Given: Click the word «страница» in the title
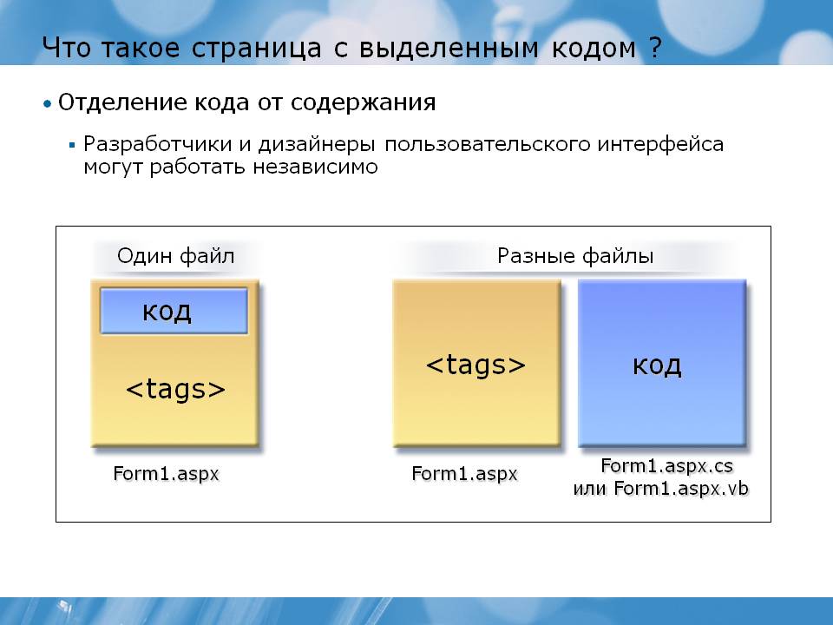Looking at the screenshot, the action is pyautogui.click(x=256, y=49).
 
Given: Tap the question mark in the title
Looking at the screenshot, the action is pyautogui.click(x=655, y=47).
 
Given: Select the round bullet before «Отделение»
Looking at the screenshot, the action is pyautogui.click(x=48, y=103).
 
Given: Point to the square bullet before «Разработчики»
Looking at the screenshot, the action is pyautogui.click(x=72, y=145).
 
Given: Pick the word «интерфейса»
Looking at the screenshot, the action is pyautogui.click(x=660, y=144).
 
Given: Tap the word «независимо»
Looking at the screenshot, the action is pyautogui.click(x=315, y=167).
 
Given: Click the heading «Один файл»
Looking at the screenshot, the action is pyautogui.click(x=175, y=256).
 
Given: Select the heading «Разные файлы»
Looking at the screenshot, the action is pyautogui.click(x=574, y=256).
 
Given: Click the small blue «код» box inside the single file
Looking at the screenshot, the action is pyautogui.click(x=174, y=311).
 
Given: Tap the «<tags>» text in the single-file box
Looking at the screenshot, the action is pyautogui.click(x=175, y=389).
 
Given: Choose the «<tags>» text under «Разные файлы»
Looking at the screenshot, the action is pyautogui.click(x=476, y=365).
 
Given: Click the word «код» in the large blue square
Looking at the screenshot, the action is pyautogui.click(x=657, y=365).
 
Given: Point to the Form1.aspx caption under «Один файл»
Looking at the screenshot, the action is pyautogui.click(x=166, y=474).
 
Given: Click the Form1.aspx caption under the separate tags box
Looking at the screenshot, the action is pyautogui.click(x=464, y=474).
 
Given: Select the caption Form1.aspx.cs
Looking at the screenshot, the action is pyautogui.click(x=666, y=466).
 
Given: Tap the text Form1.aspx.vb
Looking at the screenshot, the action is pyautogui.click(x=681, y=489).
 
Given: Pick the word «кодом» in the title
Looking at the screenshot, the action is pyautogui.click(x=594, y=49).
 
